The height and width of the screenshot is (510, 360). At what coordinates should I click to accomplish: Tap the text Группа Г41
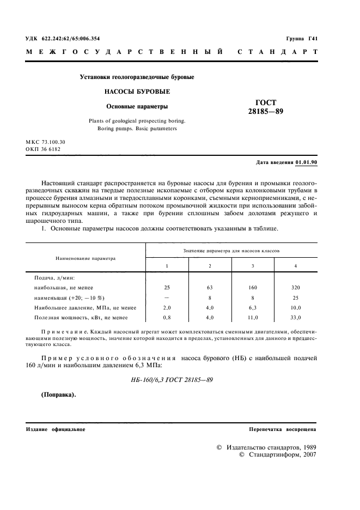tap(301, 39)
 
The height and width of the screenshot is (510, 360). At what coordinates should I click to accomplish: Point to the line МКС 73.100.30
tap(48, 141)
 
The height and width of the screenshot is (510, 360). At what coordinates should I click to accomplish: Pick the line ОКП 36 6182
tap(43, 149)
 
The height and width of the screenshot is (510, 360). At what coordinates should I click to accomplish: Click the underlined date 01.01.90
tap(306, 163)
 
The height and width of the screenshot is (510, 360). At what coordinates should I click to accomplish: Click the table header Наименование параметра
tap(85, 259)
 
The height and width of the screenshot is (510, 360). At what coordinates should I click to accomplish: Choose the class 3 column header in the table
tap(253, 265)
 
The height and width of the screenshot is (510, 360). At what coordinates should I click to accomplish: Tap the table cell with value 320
tap(295, 287)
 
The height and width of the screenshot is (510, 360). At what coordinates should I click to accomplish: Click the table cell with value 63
tap(210, 287)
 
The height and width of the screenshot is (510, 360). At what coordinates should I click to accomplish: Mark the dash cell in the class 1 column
tap(167, 297)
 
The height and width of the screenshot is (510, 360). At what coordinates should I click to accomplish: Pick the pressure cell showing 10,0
tap(295, 307)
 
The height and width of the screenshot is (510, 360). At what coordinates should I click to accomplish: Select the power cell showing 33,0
tap(295, 318)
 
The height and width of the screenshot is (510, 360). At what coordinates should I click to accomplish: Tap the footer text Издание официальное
tap(55, 429)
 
